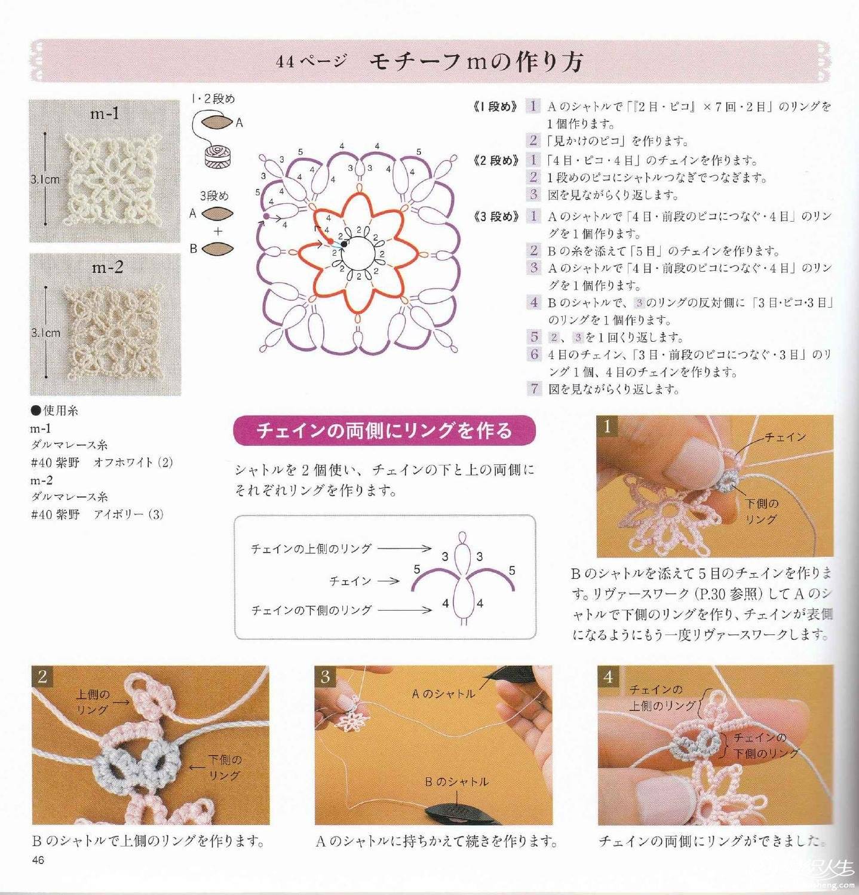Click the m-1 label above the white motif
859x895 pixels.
105,113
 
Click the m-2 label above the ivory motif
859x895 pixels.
108,268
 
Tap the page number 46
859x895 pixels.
39,860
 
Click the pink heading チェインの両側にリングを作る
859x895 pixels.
384,430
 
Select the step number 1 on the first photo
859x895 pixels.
608,426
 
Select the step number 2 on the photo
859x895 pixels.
42,677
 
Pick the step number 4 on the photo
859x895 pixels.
608,676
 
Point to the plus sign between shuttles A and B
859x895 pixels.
218,231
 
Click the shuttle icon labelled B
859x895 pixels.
217,248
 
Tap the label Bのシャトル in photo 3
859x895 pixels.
456,781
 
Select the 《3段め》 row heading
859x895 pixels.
495,217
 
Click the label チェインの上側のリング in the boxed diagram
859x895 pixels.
311,548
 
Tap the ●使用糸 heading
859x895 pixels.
54,411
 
